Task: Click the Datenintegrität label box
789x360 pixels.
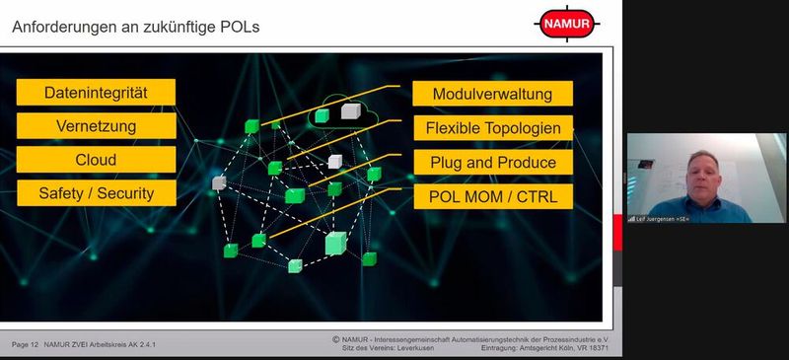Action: click(x=96, y=93)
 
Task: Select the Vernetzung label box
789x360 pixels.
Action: click(x=96, y=126)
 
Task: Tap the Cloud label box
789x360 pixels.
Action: click(x=96, y=160)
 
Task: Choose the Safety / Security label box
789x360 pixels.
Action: click(x=96, y=193)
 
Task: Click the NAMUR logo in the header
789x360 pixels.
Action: click(x=565, y=24)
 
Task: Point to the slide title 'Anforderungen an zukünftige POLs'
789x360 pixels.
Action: click(x=135, y=27)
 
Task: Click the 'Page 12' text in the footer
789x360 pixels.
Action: click(x=25, y=344)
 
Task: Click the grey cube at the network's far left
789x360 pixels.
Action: click(x=218, y=182)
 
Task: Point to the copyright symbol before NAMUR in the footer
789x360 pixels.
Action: click(x=336, y=339)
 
